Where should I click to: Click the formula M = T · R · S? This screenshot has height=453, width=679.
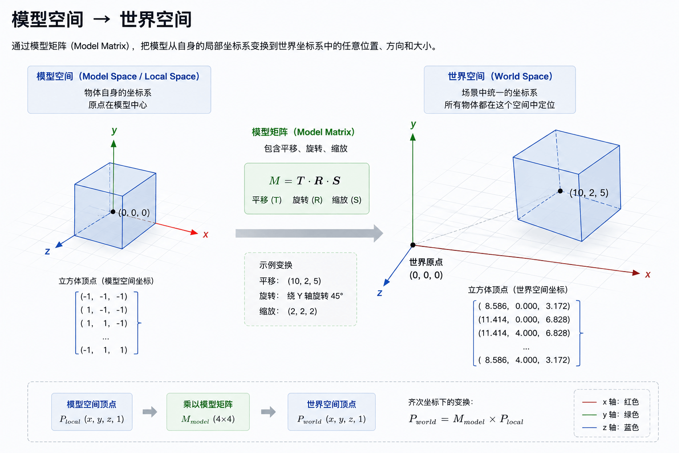305,180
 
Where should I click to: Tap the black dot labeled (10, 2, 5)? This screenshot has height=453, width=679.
560,191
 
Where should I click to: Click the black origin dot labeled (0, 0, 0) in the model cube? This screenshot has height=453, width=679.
113,212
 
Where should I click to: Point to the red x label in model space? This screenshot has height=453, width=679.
206,234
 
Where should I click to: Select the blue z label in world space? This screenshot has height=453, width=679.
380,293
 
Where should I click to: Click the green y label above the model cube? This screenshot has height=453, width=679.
114,131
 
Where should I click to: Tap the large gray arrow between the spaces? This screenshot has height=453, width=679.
309,233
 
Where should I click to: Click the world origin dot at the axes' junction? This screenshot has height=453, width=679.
413,245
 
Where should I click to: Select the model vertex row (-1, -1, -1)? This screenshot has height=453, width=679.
104,296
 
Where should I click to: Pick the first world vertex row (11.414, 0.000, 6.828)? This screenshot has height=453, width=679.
524,319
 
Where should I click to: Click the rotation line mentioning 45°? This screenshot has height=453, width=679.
301,296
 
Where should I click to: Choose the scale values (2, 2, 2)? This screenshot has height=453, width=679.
302,311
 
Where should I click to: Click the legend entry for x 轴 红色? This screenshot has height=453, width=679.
610,402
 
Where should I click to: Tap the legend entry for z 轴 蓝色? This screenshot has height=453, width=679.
610,427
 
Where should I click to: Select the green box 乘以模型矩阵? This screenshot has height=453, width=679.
208,412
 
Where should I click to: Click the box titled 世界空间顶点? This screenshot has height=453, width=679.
332,412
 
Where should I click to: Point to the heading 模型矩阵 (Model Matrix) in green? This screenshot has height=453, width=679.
303,132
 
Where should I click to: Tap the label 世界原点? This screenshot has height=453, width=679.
426,262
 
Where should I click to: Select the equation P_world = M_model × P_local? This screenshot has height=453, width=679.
466,420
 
